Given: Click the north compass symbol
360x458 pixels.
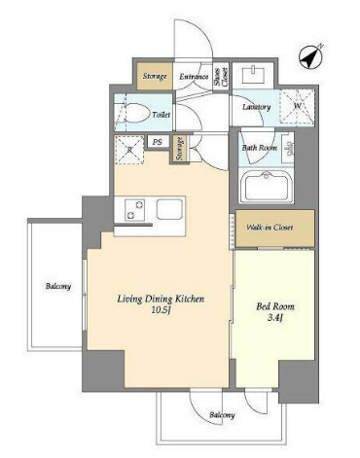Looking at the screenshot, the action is tap(310, 56).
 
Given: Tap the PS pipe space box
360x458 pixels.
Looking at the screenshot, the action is tap(158, 142).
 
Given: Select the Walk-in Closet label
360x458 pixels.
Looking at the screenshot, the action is tap(270, 228).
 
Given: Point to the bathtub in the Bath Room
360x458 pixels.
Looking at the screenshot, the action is tap(266, 187).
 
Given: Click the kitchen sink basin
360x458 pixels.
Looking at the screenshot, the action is tap(169, 209).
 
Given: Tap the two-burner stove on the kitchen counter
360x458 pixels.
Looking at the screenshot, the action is tap(135, 210).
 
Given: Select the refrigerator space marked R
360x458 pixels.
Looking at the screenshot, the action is tap(129, 150).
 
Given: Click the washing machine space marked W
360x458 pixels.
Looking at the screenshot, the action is tap(297, 107).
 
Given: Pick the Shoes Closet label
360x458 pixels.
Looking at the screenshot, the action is tap(221, 77).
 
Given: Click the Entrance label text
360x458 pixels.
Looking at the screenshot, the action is tap(194, 77).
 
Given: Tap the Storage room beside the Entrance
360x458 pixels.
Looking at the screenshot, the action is tap(155, 76).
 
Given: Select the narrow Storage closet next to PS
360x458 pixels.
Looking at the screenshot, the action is tap(180, 149).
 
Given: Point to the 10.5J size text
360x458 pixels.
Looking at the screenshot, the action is tap(161, 310).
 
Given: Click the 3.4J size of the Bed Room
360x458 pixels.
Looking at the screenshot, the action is tap(275, 318).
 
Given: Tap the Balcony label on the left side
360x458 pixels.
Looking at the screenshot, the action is tap(58, 286).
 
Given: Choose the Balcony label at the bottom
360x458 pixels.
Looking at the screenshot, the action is tap(222, 415).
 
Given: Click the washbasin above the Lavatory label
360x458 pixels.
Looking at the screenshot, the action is tap(253, 74).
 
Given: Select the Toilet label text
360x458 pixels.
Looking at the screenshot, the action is tap(162, 115).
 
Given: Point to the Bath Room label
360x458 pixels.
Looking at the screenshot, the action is tap(260, 148).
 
